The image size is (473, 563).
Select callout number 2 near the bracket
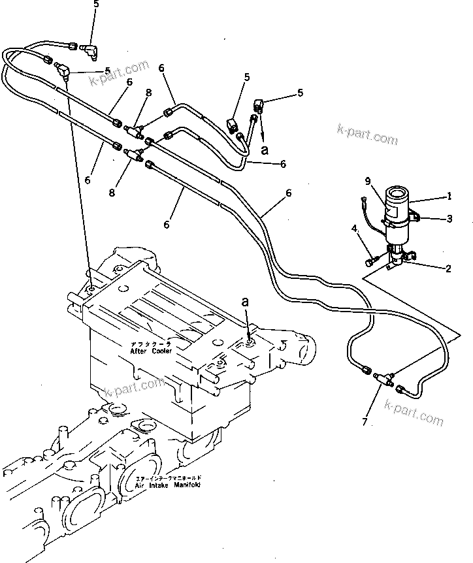tap(448, 268)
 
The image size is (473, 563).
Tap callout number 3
tap(449, 219)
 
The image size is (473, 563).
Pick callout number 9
tap(368, 181)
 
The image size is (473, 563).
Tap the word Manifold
tap(184, 486)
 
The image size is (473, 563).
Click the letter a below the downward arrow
tap(265, 150)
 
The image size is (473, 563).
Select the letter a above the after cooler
tap(245, 302)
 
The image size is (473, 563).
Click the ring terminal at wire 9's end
tap(364, 200)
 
